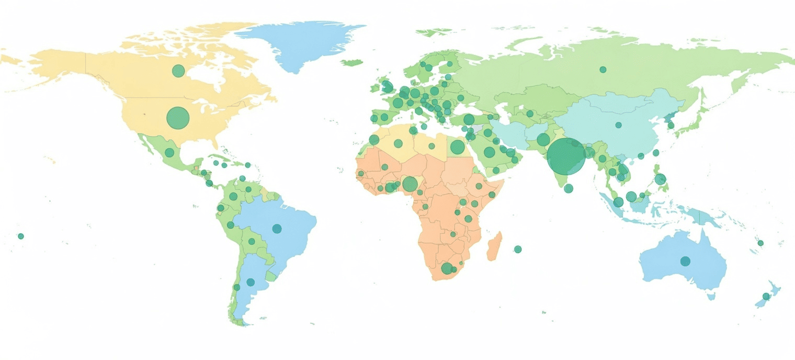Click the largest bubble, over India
pyautogui.click(x=566, y=156)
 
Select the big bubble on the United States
pyautogui.click(x=177, y=118)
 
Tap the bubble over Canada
pyautogui.click(x=178, y=71)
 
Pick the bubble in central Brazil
pyautogui.click(x=277, y=229)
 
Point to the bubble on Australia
pyautogui.click(x=685, y=261)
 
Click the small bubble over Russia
pyautogui.click(x=603, y=70)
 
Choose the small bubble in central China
pyautogui.click(x=619, y=125)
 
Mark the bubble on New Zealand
pyautogui.click(x=766, y=296)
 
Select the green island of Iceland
pyautogui.click(x=352, y=62)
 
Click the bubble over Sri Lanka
pyautogui.click(x=569, y=188)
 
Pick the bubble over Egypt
pyautogui.click(x=458, y=147)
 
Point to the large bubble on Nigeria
pyautogui.click(x=410, y=184)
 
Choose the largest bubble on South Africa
pyautogui.click(x=447, y=268)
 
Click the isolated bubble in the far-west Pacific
pyautogui.click(x=21, y=236)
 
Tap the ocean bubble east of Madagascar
pyautogui.click(x=518, y=249)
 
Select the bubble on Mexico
pyautogui.click(x=169, y=153)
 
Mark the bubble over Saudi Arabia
pyautogui.click(x=490, y=152)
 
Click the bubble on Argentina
pyautogui.click(x=251, y=282)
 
